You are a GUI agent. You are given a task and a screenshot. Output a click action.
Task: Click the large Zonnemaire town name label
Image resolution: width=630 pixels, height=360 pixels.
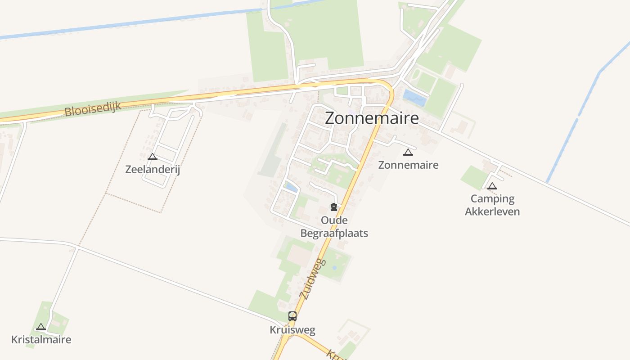click(x=372, y=118)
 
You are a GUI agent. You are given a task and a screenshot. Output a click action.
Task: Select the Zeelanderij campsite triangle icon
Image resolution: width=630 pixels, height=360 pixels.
click(x=153, y=157)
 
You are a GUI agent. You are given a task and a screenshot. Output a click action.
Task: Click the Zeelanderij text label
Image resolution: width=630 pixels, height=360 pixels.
click(x=153, y=170)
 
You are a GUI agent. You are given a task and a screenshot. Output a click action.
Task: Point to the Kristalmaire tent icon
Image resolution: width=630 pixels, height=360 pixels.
click(x=41, y=327)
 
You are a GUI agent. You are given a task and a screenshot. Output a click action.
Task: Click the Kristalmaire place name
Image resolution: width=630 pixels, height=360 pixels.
click(x=41, y=339)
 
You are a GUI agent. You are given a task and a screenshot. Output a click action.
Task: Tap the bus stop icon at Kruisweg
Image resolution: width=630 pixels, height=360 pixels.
click(x=292, y=316)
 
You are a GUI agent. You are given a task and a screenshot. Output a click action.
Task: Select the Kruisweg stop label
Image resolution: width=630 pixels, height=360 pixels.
click(x=292, y=330)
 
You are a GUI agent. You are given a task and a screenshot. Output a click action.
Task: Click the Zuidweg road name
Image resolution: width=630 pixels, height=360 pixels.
click(x=312, y=279)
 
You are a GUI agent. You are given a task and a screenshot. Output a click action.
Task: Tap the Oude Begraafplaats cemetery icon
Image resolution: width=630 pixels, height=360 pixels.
click(x=334, y=207)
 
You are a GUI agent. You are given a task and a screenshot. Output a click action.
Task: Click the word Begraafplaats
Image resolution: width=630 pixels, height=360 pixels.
click(x=334, y=233)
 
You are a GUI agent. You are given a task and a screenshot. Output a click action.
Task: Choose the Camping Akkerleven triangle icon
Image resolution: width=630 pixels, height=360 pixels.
click(x=492, y=186)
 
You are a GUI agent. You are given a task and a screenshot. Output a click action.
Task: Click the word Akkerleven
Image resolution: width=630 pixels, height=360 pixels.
click(x=492, y=211)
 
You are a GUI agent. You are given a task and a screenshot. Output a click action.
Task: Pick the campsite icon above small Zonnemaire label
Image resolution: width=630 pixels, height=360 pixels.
click(x=408, y=152)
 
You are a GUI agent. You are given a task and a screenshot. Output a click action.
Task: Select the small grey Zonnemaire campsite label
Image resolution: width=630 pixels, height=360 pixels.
click(x=408, y=165)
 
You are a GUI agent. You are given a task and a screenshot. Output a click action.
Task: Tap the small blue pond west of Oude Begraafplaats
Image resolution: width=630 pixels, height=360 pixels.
click(x=291, y=187)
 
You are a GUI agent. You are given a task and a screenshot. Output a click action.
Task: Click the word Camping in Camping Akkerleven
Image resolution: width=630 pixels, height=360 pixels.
click(x=492, y=199)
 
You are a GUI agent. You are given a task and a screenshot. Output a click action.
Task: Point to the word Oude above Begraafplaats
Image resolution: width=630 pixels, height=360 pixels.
click(x=334, y=220)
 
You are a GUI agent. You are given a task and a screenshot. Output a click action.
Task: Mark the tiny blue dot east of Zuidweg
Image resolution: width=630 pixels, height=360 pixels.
click(x=334, y=267)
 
